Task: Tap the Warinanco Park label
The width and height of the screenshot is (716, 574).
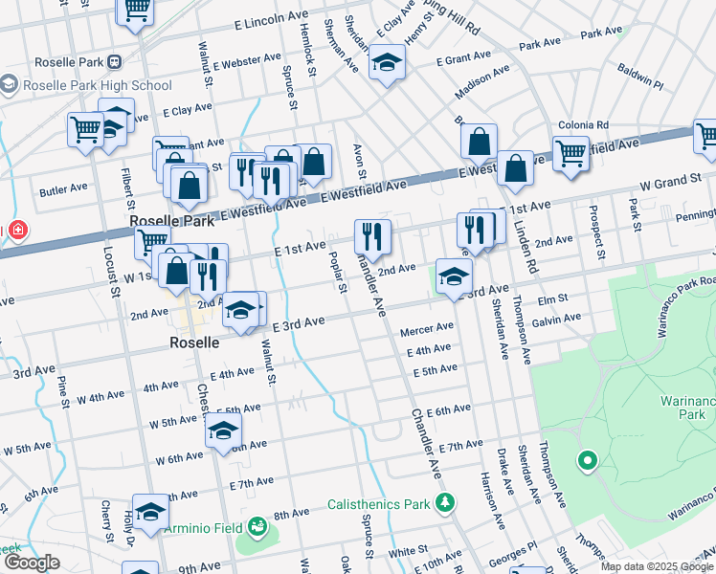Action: tap(682, 408)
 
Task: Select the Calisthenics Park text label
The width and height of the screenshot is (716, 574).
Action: tap(380, 503)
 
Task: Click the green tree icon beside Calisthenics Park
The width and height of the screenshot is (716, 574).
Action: tap(444, 502)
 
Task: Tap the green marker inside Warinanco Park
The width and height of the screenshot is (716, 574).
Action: tap(587, 463)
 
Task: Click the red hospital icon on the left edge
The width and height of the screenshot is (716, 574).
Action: tap(17, 231)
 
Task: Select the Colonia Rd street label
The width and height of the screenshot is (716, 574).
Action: tap(590, 124)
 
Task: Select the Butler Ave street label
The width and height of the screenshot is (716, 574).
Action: tap(64, 189)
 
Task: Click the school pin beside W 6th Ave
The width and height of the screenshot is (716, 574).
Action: tap(223, 430)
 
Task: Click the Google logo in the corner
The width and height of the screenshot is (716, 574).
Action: tap(31, 563)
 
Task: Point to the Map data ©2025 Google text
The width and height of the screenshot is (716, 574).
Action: tap(657, 566)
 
